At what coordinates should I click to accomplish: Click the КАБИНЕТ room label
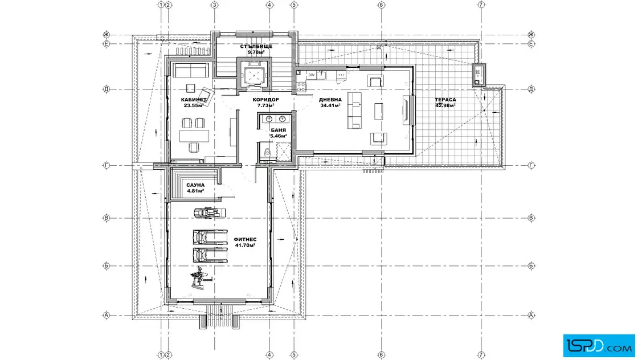tap(194, 100)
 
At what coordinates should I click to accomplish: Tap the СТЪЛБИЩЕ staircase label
tap(256, 46)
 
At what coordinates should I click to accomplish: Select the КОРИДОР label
tap(265, 100)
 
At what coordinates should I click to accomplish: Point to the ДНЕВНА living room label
tap(330, 100)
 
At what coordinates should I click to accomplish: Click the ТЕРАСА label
tap(445, 100)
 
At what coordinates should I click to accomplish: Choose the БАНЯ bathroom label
tap(279, 130)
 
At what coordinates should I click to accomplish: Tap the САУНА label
tap(195, 185)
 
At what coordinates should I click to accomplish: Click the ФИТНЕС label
tap(245, 240)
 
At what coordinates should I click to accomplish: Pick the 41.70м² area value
tap(245, 246)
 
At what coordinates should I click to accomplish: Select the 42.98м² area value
tap(445, 105)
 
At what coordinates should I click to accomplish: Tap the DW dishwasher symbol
tap(311, 75)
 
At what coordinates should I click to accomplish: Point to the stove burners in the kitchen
tap(301, 86)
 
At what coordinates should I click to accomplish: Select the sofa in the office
tap(190, 70)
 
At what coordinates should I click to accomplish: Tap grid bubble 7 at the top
tap(481, 5)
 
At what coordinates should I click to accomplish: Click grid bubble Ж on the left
tap(107, 35)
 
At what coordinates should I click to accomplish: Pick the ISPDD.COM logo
tap(599, 346)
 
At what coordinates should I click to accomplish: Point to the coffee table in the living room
tap(378, 111)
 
